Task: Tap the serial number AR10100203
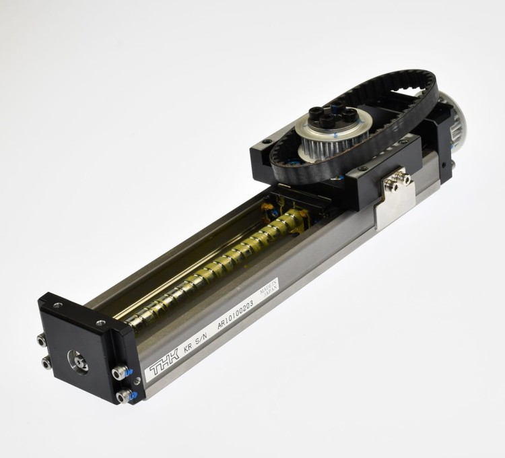point(236,315)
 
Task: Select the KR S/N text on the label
point(195,341)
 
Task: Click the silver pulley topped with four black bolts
point(334,132)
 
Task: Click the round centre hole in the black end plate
point(77,362)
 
